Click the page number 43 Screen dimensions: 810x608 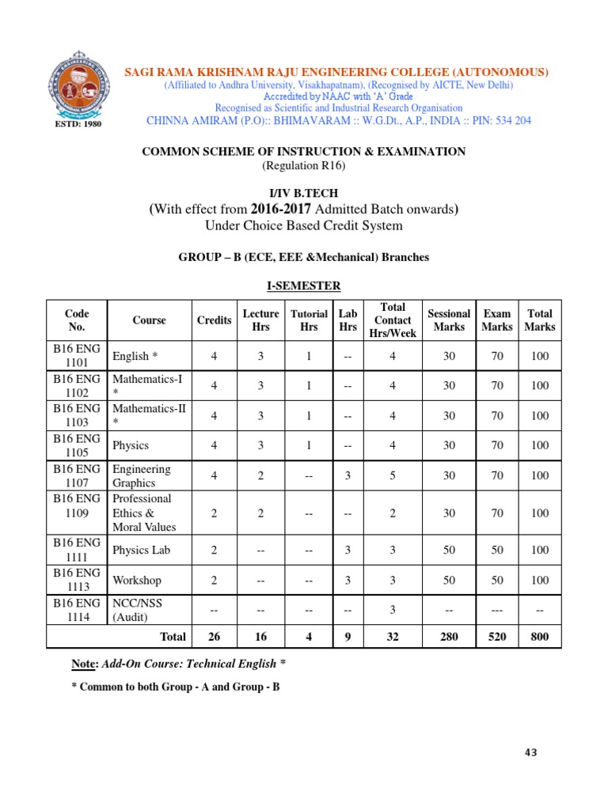pyautogui.click(x=530, y=752)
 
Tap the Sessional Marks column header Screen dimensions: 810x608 pyautogui.click(x=449, y=320)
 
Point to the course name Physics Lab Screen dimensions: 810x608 pyautogui.click(x=139, y=550)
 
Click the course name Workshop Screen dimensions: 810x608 pyautogui.click(x=136, y=580)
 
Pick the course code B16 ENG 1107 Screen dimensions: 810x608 pyautogui.click(x=77, y=475)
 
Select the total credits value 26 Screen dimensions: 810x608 pyautogui.click(x=214, y=636)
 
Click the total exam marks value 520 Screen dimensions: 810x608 pyautogui.click(x=497, y=636)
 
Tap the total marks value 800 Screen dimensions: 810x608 pyautogui.click(x=540, y=636)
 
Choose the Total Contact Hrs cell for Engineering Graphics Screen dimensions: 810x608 pyautogui.click(x=393, y=475)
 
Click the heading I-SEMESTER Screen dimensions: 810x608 pyautogui.click(x=303, y=286)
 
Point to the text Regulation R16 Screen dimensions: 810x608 pyautogui.click(x=303, y=165)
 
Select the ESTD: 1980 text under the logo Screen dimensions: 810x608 pyautogui.click(x=76, y=124)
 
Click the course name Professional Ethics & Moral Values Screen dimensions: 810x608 pyautogui.click(x=143, y=513)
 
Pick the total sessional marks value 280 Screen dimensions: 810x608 pyautogui.click(x=449, y=636)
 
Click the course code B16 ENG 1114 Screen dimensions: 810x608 pyautogui.click(x=77, y=610)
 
